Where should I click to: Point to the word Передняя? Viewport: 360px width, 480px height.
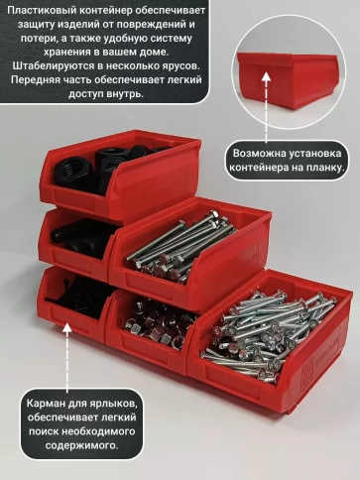pos(39,79)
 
